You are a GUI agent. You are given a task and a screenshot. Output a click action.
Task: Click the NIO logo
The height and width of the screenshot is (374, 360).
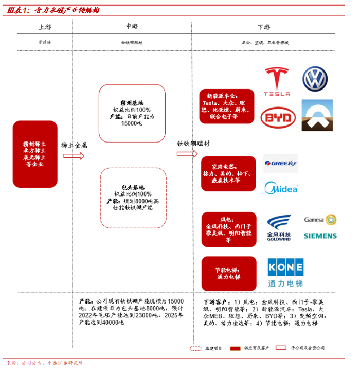coord(317,116)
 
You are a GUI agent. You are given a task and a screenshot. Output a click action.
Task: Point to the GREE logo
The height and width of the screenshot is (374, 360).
coord(280,164)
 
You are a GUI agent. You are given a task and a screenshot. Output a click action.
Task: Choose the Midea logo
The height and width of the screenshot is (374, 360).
coord(281,188)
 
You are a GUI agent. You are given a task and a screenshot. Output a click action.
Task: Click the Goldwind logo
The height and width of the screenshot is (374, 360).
coord(279,227)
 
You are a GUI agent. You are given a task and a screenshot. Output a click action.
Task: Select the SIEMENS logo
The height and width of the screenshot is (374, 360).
coord(320,236)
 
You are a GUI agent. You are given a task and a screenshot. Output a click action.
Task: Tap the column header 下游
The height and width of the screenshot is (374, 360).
coord(264,27)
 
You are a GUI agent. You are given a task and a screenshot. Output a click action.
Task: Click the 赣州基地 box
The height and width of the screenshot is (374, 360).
coord(132,113)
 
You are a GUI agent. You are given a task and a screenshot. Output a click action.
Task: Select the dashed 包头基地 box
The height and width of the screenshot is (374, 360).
coord(133,198)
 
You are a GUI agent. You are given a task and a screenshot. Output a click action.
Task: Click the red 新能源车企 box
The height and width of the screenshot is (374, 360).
coord(227,106)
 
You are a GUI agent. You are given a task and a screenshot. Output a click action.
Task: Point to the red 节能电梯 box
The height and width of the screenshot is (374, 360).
coord(227,273)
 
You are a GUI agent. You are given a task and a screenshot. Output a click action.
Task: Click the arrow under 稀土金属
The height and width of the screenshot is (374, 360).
coord(74,156)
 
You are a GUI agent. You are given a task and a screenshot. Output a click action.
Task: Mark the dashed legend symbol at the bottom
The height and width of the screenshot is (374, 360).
coord(196,348)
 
